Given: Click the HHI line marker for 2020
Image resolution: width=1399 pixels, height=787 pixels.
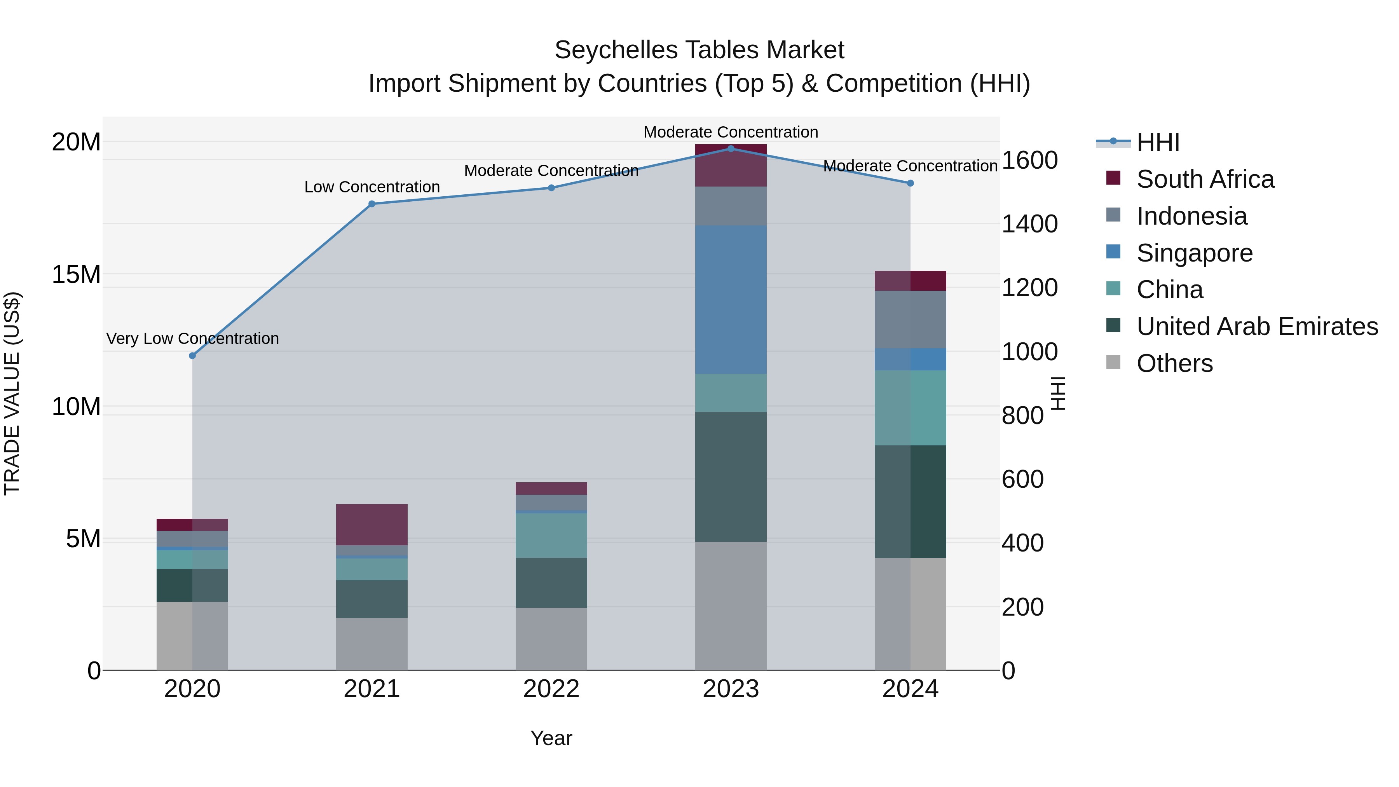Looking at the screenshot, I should click(x=192, y=356).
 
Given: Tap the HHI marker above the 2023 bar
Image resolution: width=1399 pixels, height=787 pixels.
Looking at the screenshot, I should click(x=731, y=149).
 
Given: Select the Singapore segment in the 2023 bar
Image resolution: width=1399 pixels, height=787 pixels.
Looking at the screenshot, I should click(x=731, y=299).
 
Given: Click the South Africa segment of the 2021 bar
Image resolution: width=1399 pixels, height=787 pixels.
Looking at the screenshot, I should click(x=372, y=524).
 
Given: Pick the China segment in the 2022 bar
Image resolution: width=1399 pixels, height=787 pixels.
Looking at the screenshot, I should click(x=551, y=535).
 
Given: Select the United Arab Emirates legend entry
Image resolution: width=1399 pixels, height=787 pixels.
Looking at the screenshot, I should click(x=1257, y=326).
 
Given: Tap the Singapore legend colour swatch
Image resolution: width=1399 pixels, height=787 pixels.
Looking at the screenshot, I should click(x=1113, y=252).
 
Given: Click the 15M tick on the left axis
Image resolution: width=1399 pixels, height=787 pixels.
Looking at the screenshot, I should click(x=76, y=275).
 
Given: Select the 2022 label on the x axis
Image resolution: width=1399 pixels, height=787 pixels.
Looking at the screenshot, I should click(x=551, y=689).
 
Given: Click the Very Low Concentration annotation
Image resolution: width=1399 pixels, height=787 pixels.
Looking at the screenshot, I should click(x=192, y=339).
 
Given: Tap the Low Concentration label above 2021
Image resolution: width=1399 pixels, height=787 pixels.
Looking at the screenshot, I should click(x=372, y=187).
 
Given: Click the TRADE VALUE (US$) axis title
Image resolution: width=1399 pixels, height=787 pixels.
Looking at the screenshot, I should click(x=12, y=393).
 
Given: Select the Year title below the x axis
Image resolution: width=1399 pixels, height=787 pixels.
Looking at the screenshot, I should click(x=551, y=738).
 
